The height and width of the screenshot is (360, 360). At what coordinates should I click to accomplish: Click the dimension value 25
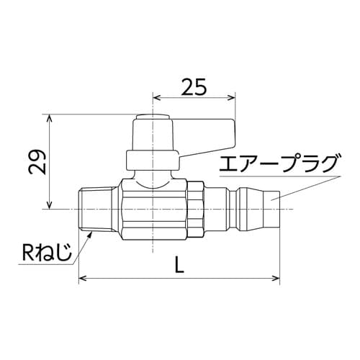[194, 86]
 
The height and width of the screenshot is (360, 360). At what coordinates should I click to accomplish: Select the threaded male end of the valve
[89, 209]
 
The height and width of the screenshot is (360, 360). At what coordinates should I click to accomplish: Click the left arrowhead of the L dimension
[82, 277]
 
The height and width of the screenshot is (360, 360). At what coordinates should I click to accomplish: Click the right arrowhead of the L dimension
[276, 277]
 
